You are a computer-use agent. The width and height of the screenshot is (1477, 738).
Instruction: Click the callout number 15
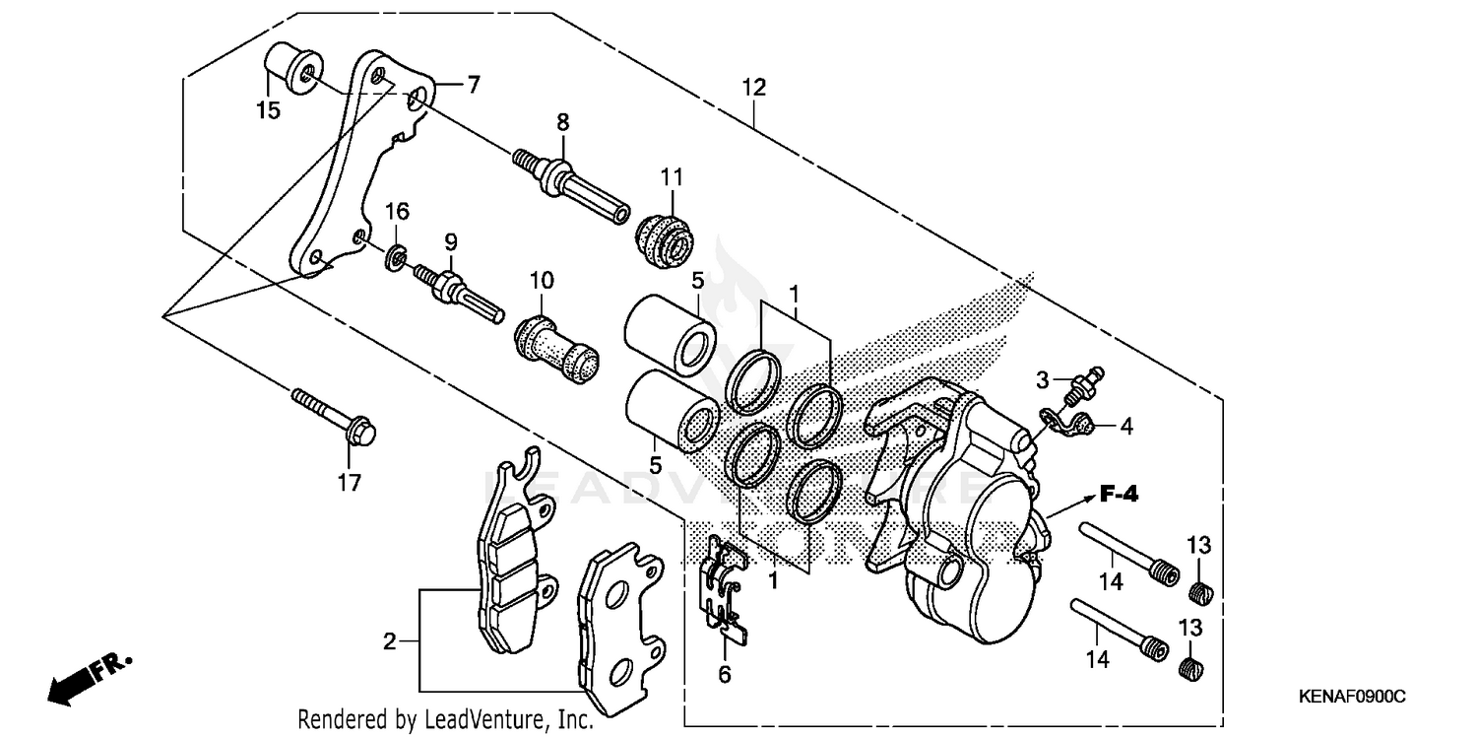(268, 110)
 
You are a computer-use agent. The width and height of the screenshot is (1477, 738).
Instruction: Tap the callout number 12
(753, 88)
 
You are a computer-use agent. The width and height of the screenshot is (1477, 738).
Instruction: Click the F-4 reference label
(1119, 496)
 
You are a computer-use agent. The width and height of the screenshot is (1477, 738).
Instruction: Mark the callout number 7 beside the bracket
(473, 85)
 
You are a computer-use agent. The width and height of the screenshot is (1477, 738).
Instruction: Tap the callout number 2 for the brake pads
(390, 642)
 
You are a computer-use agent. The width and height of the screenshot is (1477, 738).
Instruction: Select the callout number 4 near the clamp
(1125, 427)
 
